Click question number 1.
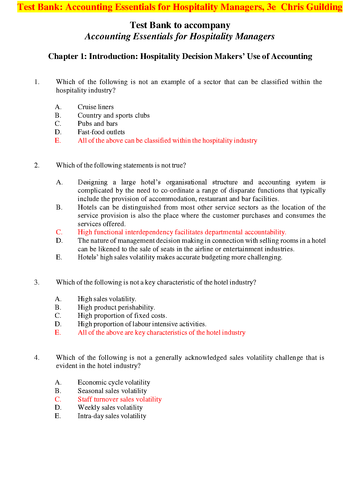37,82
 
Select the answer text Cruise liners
96,107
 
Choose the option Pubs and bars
97,124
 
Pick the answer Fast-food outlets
101,132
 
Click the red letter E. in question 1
58,141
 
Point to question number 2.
37,165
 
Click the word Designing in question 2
92,182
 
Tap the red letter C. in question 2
59,232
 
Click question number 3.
37,282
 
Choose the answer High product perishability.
116,307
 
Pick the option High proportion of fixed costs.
122,316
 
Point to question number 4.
37,358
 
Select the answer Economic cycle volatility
114,382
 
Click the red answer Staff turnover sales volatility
119,399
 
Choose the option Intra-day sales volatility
112,416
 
